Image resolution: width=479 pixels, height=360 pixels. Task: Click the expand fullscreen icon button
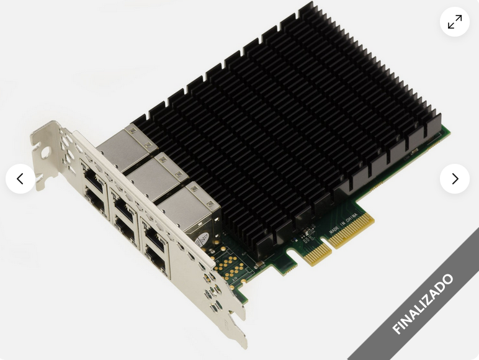click(455, 22)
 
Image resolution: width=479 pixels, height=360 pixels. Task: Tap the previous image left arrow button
click(20, 179)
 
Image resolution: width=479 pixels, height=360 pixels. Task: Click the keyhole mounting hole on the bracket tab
click(45, 151)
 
